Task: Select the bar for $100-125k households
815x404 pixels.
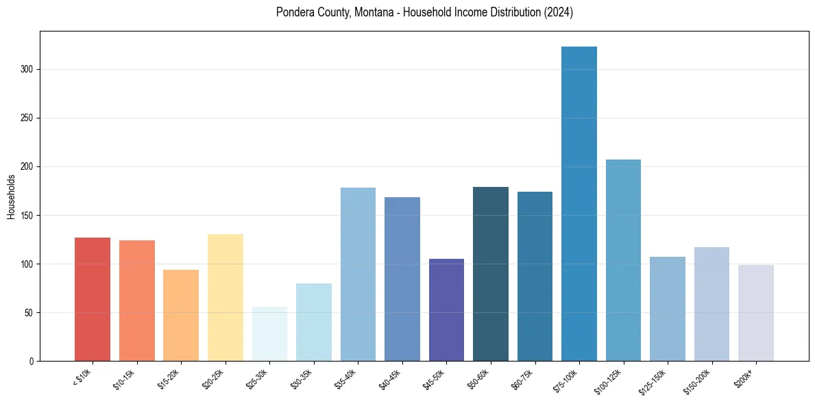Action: click(x=623, y=260)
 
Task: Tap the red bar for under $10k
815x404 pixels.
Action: click(x=93, y=299)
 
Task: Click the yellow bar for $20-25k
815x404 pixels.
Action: click(x=226, y=297)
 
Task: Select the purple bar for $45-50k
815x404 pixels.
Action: click(x=446, y=310)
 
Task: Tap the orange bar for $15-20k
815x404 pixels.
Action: click(x=181, y=315)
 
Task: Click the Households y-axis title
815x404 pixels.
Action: click(x=12, y=197)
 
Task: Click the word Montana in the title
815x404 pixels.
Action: click(x=374, y=12)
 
